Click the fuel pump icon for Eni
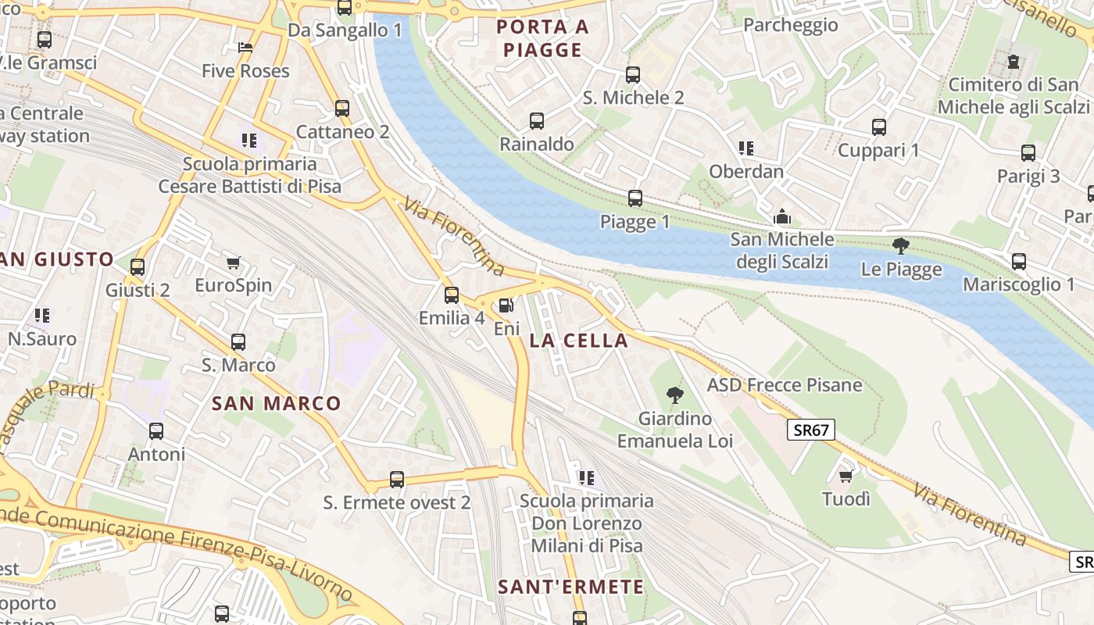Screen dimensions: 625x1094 (x=506, y=305)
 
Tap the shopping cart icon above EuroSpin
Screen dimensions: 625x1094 (x=233, y=262)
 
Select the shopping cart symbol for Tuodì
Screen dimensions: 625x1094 (x=845, y=476)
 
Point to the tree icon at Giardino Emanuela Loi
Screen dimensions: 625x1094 (x=674, y=395)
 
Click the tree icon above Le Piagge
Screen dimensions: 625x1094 (x=900, y=246)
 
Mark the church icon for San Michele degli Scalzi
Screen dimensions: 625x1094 (x=781, y=216)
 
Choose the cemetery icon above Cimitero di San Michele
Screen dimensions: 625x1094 (x=1014, y=61)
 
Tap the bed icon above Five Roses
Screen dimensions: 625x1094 (x=245, y=48)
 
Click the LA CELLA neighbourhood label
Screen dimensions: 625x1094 (x=578, y=341)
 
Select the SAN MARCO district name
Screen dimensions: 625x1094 (x=277, y=403)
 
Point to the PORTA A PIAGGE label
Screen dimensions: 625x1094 (x=543, y=38)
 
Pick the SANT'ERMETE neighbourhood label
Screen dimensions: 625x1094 (x=571, y=587)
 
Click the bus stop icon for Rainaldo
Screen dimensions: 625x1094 (x=537, y=121)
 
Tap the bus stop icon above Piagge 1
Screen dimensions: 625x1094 (x=635, y=198)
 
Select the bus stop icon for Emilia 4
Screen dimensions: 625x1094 (x=452, y=295)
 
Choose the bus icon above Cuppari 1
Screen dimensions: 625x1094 (x=879, y=127)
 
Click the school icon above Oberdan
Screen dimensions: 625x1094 (x=746, y=148)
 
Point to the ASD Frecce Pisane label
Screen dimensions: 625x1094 (x=785, y=385)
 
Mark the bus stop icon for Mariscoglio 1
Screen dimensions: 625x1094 (x=1018, y=262)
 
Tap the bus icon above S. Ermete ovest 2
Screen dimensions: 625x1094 (x=397, y=480)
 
